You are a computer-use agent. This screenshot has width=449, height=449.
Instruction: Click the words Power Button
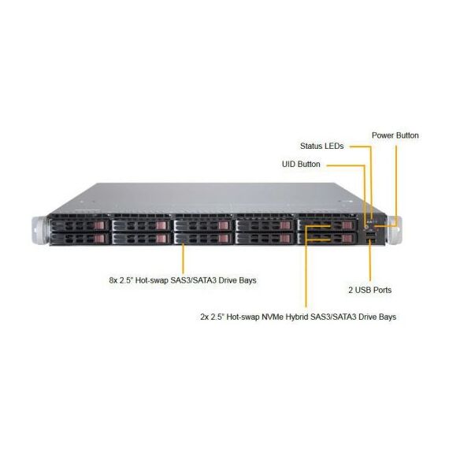point(395,135)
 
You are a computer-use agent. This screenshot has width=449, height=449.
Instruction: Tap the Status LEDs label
point(322,146)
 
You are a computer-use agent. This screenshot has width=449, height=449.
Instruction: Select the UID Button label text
point(301,164)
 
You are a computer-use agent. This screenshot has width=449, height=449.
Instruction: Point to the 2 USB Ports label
point(370,290)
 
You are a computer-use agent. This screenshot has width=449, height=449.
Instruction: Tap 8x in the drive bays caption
point(113,280)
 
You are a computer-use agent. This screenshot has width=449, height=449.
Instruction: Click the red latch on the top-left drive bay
point(100,225)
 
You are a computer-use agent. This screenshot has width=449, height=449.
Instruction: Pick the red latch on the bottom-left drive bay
point(100,239)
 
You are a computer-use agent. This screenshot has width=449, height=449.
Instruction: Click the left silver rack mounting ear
point(40,231)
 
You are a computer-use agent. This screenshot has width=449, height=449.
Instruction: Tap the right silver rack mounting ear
point(394,230)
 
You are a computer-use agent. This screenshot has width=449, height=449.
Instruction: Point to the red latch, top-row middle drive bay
point(224,225)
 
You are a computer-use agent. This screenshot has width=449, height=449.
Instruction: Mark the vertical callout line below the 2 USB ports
point(370,260)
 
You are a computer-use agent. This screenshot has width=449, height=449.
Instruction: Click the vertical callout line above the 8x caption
point(184,258)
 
